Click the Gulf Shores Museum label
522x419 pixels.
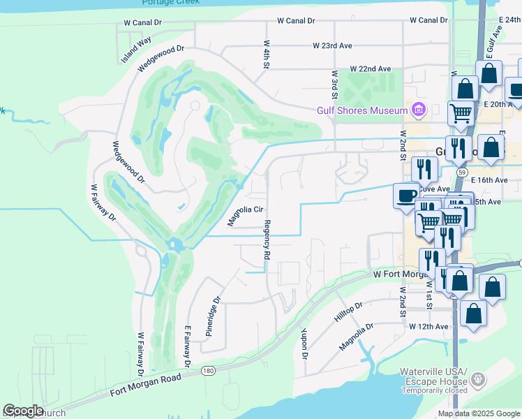[x=361, y=110]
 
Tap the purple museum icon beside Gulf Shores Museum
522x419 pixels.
[x=418, y=110]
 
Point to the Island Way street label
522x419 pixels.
[x=136, y=50]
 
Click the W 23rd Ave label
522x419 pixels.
[x=332, y=45]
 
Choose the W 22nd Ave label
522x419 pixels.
[x=371, y=68]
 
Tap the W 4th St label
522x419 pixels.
[x=267, y=53]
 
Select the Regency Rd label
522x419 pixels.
[x=267, y=240]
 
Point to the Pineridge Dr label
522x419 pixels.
[x=213, y=317]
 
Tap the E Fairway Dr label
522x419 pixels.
[x=187, y=346]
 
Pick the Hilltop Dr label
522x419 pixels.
[x=348, y=311]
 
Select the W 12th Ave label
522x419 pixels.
[x=428, y=326]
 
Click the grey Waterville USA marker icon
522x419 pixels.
[x=478, y=379]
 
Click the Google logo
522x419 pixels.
[x=23, y=411]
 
